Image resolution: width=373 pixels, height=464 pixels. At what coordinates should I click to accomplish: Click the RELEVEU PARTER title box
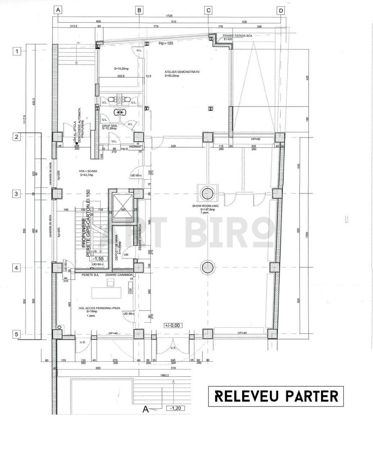pyautogui.click(x=276, y=396)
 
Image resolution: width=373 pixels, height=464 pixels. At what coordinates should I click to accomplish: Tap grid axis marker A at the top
pyautogui.click(x=58, y=9)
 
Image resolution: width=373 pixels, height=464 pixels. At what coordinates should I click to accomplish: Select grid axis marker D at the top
pyautogui.click(x=280, y=9)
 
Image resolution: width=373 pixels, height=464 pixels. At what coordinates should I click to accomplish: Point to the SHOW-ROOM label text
pyautogui.click(x=206, y=206)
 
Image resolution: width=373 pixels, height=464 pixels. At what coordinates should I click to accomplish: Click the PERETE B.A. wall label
pyautogui.click(x=90, y=274)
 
